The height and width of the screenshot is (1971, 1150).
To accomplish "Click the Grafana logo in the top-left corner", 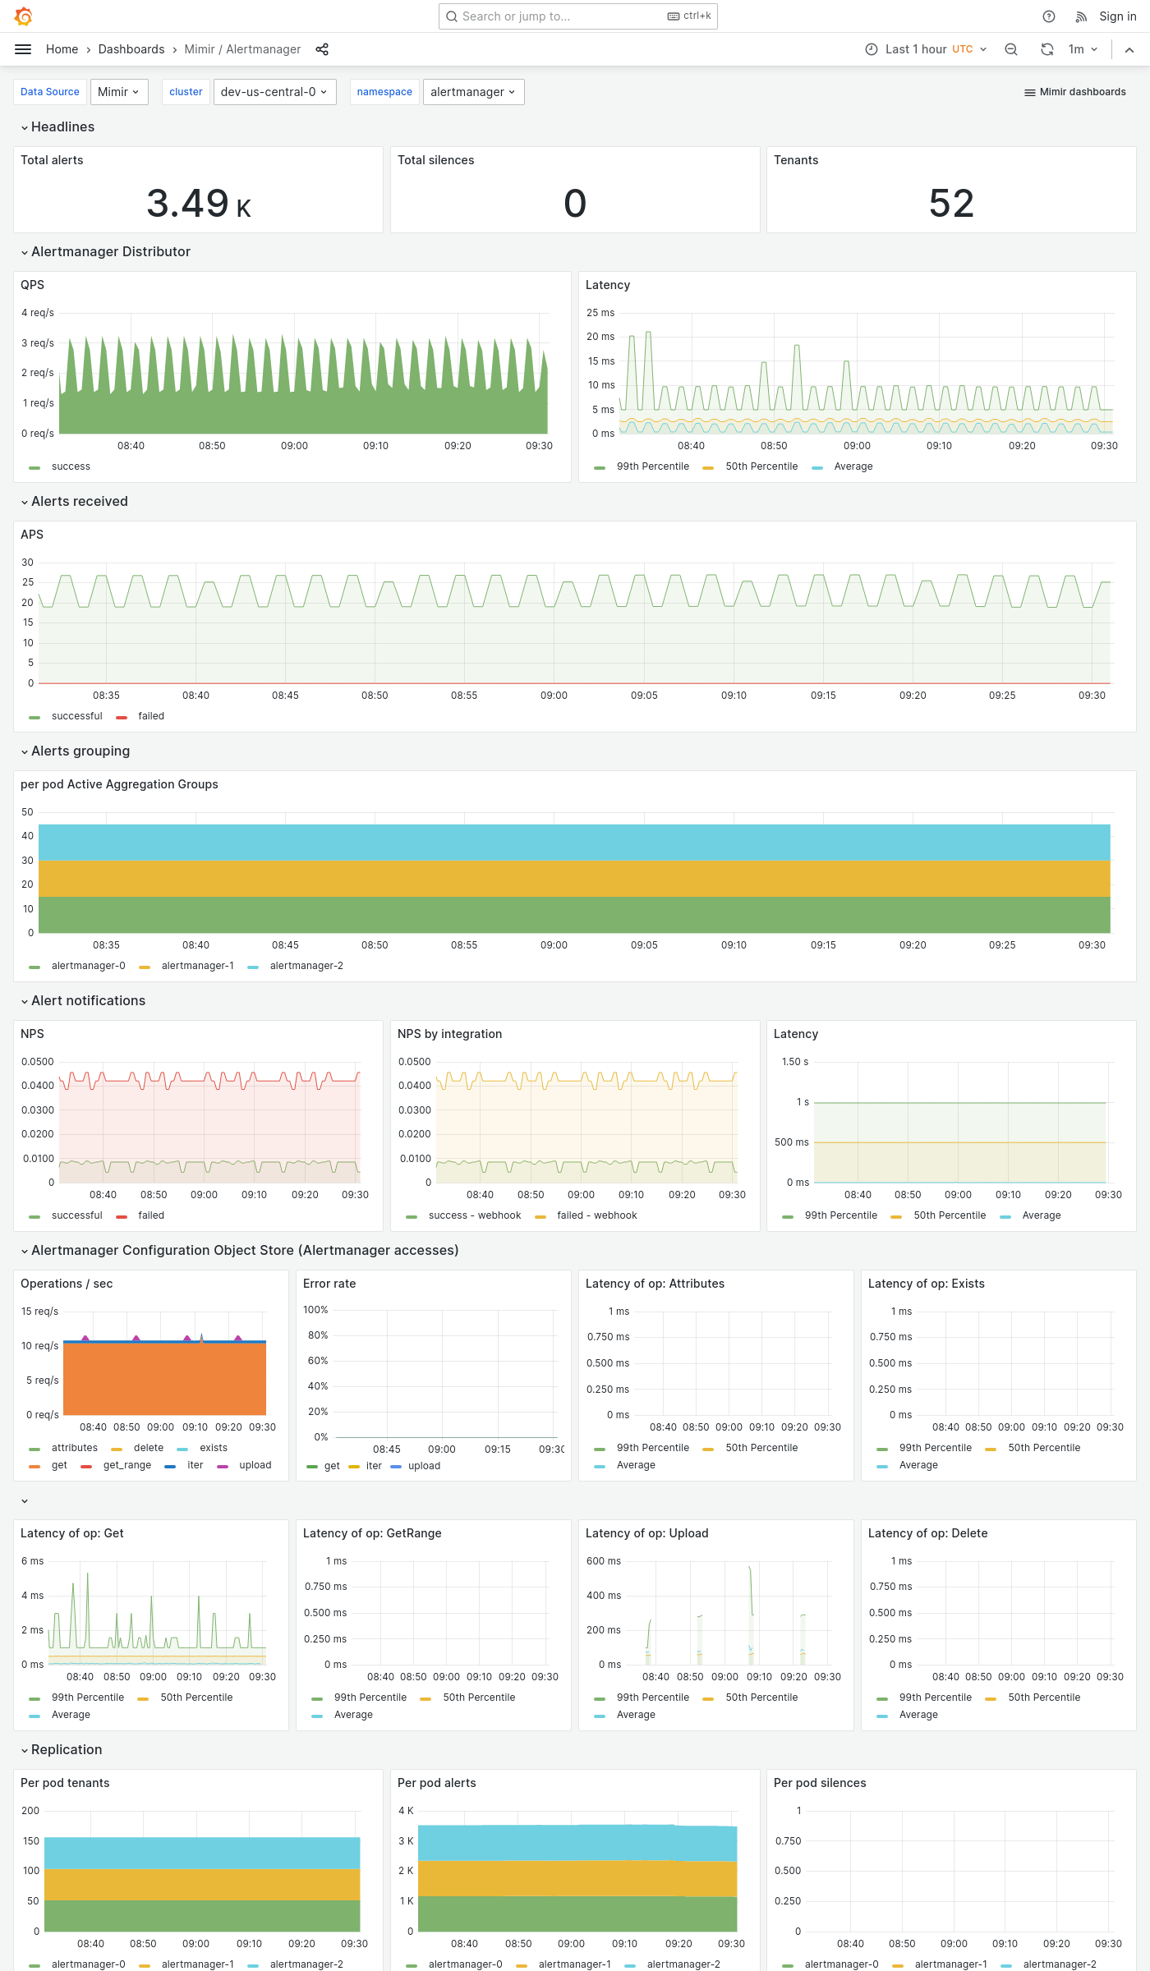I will pyautogui.click(x=24, y=16).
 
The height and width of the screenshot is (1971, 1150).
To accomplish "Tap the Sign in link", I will pyautogui.click(x=1117, y=16).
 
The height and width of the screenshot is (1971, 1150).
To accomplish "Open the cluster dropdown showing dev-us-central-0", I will pyautogui.click(x=274, y=92).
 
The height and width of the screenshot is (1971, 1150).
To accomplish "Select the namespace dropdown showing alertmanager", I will pyautogui.click(x=473, y=92).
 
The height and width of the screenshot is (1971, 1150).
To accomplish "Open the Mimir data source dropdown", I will pyautogui.click(x=119, y=92).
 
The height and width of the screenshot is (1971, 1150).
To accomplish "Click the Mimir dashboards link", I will pyautogui.click(x=1075, y=92).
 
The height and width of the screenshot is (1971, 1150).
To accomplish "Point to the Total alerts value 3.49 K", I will pyautogui.click(x=199, y=204).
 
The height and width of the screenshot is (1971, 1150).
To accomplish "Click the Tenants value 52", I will pyautogui.click(x=951, y=204).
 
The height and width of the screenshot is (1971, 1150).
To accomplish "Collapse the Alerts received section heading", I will pyautogui.click(x=79, y=502).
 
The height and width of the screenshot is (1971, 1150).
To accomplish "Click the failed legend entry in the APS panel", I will pyautogui.click(x=151, y=716).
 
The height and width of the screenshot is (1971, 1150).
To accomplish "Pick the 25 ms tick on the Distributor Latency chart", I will pyautogui.click(x=600, y=313).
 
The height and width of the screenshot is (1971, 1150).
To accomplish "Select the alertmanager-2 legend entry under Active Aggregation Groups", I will pyautogui.click(x=306, y=966).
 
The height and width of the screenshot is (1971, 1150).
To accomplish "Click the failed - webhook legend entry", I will pyautogui.click(x=596, y=1215).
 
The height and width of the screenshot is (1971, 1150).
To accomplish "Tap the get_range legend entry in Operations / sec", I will pyautogui.click(x=126, y=1465).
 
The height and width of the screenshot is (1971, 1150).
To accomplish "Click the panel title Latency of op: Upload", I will pyautogui.click(x=646, y=1533).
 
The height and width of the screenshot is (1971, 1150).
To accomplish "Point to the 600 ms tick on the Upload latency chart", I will pyautogui.click(x=604, y=1561).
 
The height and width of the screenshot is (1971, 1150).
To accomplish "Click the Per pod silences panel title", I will pyautogui.click(x=820, y=1783).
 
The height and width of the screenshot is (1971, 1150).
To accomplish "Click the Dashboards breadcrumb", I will pyautogui.click(x=131, y=49).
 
